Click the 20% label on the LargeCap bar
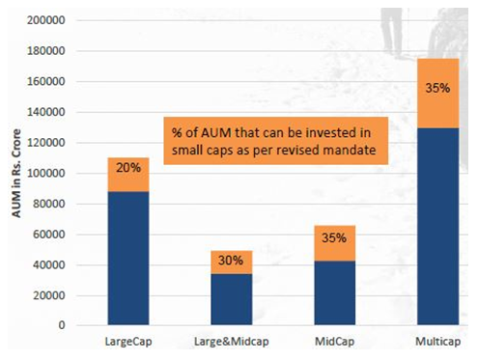point(128,168)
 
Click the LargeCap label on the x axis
point(128,343)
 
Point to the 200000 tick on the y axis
point(45,20)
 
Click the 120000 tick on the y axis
point(45,143)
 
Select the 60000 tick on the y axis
point(48,234)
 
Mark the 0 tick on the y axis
point(61,325)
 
